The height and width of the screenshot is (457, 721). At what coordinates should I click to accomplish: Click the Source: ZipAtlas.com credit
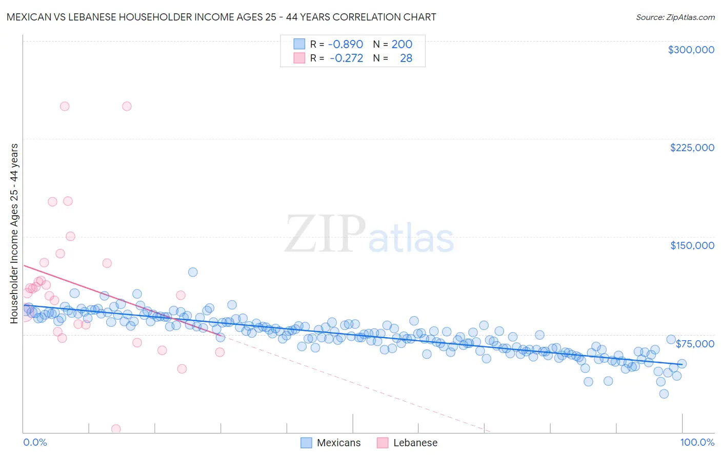tap(675, 17)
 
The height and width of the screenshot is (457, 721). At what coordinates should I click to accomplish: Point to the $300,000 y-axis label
tap(691, 50)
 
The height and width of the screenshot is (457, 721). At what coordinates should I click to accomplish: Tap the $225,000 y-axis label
tap(692, 148)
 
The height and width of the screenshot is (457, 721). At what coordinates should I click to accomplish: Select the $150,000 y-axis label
tap(692, 245)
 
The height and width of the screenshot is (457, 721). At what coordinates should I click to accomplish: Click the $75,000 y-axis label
tap(695, 344)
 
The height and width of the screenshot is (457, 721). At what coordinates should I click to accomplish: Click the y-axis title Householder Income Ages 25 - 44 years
tap(14, 234)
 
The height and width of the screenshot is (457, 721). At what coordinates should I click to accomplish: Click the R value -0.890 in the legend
tap(345, 45)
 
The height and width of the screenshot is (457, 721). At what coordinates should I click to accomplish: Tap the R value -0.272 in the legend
tap(346, 58)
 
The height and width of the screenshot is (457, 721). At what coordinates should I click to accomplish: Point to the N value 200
tap(402, 45)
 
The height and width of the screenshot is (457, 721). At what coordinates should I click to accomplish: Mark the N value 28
tap(406, 58)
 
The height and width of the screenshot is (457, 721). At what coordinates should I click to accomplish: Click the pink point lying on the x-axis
tap(116, 429)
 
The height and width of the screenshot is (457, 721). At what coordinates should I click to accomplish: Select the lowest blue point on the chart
tap(664, 393)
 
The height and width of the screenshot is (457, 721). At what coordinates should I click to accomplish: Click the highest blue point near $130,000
tap(193, 272)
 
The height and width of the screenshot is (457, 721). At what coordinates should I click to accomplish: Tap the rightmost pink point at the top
tap(127, 107)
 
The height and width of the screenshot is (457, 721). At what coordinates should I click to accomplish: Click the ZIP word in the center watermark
tap(325, 235)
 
